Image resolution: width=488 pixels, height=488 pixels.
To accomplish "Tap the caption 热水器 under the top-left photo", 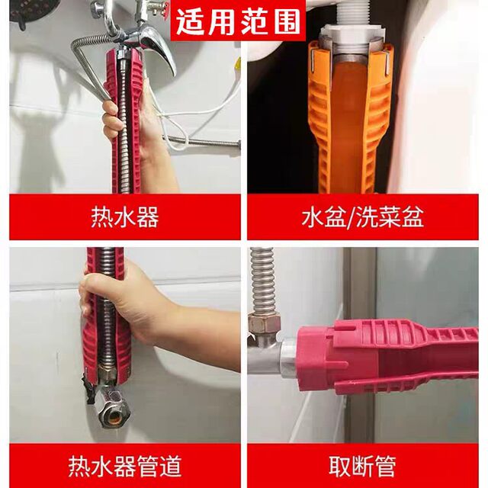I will [x=125, y=217].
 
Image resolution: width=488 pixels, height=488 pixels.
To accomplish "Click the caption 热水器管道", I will [x=125, y=464].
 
